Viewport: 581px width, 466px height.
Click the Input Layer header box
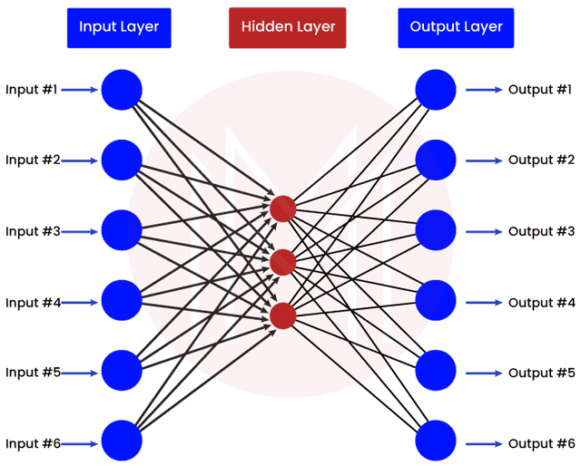(x=119, y=27)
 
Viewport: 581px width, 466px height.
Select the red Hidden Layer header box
(x=288, y=27)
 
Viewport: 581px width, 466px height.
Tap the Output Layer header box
(x=456, y=27)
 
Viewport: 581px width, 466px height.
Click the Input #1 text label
(x=32, y=90)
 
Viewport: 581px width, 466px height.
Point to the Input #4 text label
(x=32, y=302)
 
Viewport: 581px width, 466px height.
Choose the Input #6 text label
(x=32, y=443)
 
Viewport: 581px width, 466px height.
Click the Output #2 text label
(x=541, y=160)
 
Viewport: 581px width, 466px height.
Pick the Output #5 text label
(x=541, y=373)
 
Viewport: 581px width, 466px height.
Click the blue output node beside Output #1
(x=437, y=89)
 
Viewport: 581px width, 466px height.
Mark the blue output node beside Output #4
(x=437, y=300)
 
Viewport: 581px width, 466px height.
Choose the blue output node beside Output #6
(x=437, y=442)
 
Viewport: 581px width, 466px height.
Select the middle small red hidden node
(x=283, y=262)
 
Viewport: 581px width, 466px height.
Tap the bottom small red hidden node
(x=283, y=316)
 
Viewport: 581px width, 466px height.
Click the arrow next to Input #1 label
(x=80, y=90)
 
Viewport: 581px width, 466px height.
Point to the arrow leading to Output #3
(x=484, y=231)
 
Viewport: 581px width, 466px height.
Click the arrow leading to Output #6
(x=484, y=443)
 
